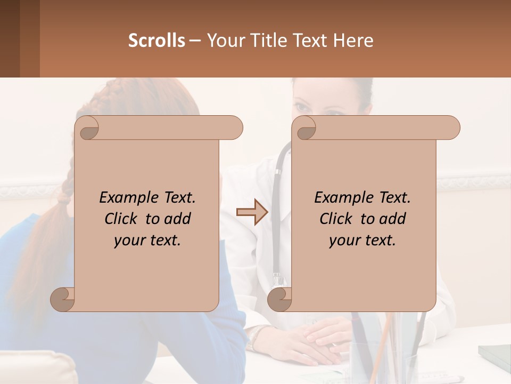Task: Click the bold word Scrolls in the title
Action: pyautogui.click(x=156, y=40)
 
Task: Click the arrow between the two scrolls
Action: pyautogui.click(x=252, y=212)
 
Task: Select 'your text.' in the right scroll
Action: pyautogui.click(x=362, y=241)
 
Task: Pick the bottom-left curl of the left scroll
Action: pyautogui.click(x=62, y=299)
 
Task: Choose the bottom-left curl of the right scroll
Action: pyautogui.click(x=279, y=299)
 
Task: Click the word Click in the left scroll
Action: pyautogui.click(x=122, y=219)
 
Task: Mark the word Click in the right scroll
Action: pyautogui.click(x=336, y=219)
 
